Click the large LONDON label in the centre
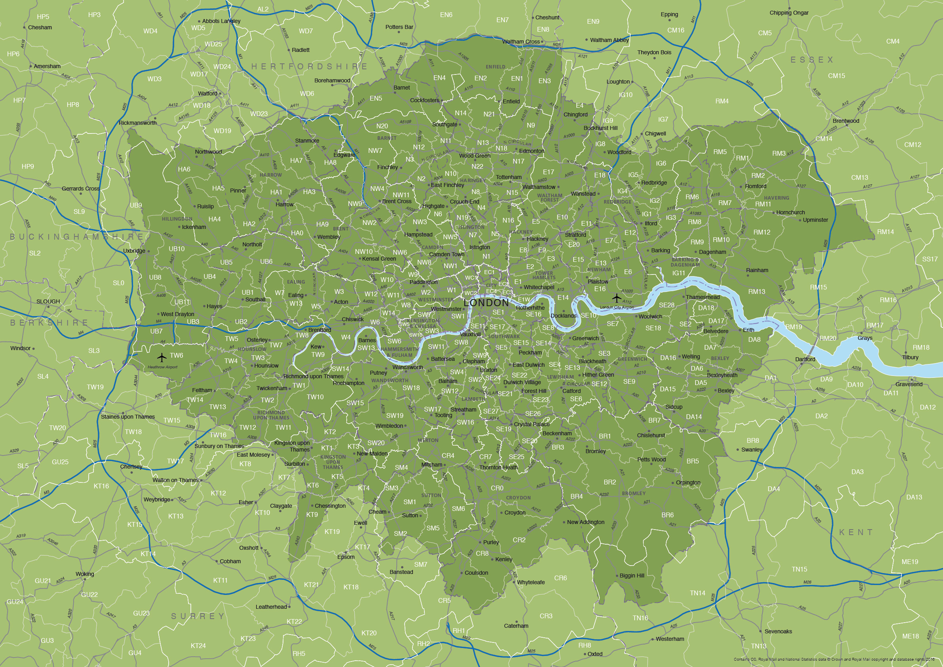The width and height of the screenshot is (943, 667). (x=486, y=303)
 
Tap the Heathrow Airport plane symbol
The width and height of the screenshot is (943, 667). (x=162, y=357)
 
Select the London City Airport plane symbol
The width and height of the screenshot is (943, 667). (x=616, y=298)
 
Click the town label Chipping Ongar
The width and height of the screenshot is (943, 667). (x=789, y=13)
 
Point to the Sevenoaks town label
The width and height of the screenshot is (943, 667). (x=778, y=631)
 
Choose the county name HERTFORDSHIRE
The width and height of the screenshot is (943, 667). (x=309, y=67)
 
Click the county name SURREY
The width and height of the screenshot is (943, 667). (x=198, y=616)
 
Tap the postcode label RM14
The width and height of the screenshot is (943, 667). (x=885, y=232)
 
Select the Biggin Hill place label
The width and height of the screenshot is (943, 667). (x=632, y=576)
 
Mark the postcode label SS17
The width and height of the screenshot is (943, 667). (x=930, y=259)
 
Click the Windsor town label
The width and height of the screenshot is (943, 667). (x=21, y=348)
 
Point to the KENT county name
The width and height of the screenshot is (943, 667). (x=856, y=532)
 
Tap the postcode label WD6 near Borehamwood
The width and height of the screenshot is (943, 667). (x=307, y=94)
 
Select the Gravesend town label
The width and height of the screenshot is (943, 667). (x=909, y=384)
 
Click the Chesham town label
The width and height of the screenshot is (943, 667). (x=40, y=28)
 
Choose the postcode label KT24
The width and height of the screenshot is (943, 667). (x=198, y=646)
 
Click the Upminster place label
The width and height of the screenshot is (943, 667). (x=815, y=220)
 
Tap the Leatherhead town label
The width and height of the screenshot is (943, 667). (x=271, y=606)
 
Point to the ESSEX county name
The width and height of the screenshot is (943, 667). (x=812, y=60)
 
